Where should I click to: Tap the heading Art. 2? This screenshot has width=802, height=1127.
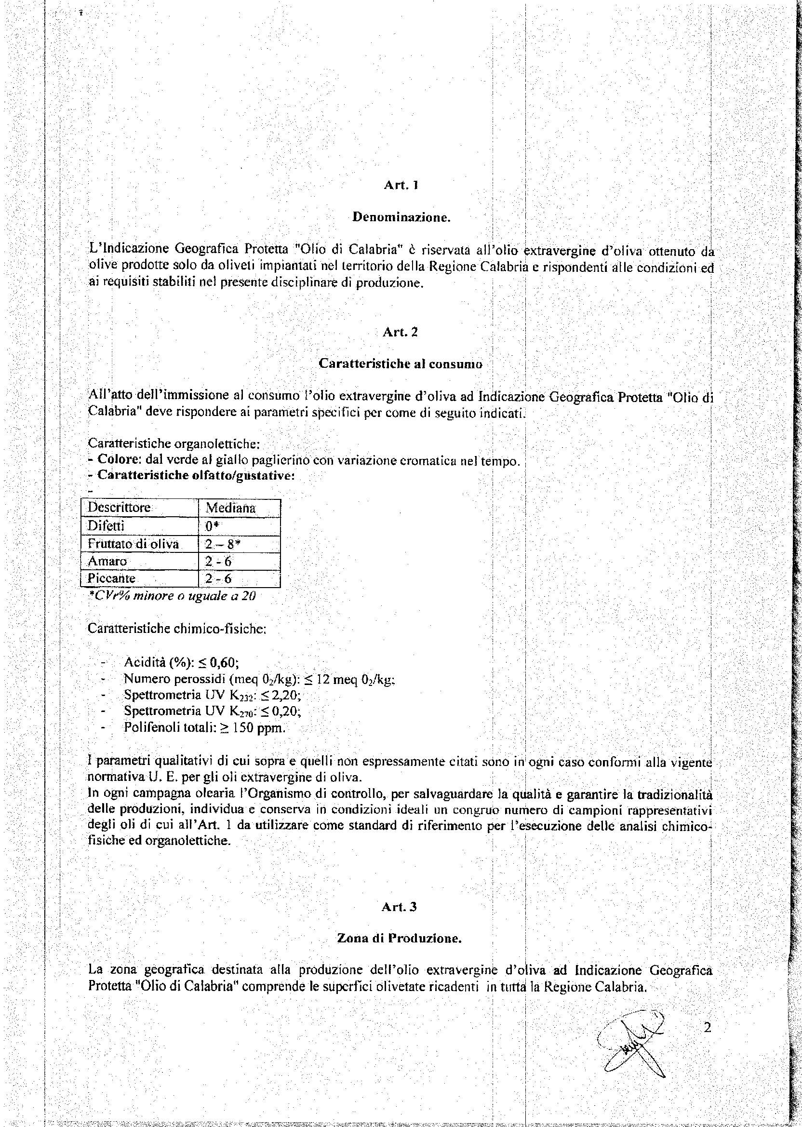400,333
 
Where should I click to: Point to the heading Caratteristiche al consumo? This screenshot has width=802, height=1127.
400,363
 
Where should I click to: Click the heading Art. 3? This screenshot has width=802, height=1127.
400,907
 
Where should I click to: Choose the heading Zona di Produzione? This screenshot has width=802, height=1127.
399,939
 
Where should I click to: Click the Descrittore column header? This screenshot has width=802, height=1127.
119,508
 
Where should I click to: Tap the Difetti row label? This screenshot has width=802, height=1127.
106,526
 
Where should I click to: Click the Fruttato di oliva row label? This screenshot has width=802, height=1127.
133,544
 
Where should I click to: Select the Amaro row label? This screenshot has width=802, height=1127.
107,562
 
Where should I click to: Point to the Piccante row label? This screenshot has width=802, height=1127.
112,578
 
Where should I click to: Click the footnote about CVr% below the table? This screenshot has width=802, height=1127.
172,596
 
